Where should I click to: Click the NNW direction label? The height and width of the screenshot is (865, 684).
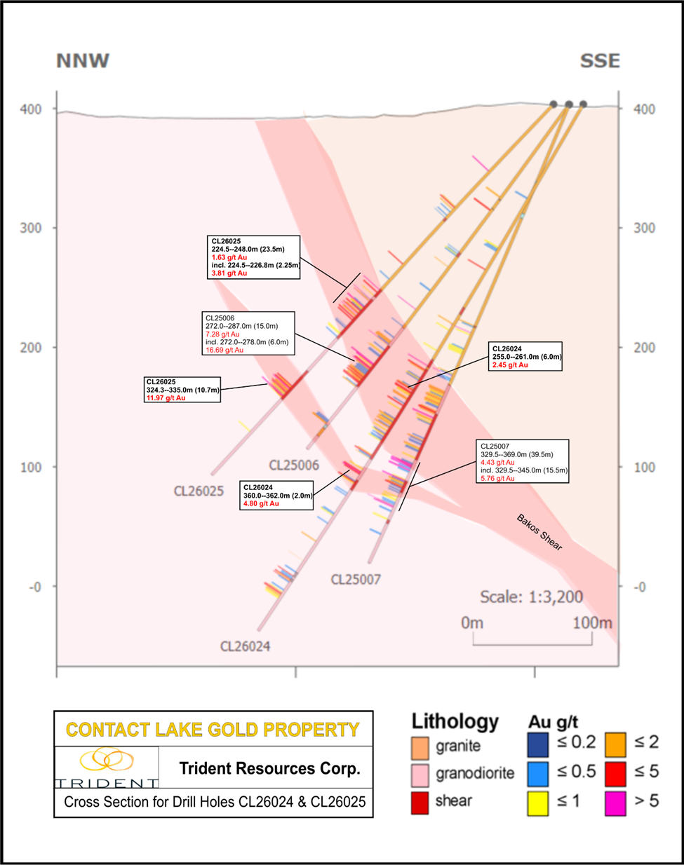tap(83, 61)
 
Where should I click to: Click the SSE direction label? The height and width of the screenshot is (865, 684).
tap(600, 61)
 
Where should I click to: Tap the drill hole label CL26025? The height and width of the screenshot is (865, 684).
tap(199, 491)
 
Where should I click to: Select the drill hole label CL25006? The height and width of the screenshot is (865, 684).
tap(294, 465)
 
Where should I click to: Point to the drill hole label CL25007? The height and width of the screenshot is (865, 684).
tap(356, 579)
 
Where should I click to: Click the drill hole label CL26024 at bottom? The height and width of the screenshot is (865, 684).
tap(245, 646)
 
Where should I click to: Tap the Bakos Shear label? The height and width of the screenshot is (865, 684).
tap(539, 532)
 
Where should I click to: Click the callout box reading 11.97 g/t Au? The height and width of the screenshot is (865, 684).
tap(182, 390)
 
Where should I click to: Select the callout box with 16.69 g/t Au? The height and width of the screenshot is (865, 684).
tap(248, 334)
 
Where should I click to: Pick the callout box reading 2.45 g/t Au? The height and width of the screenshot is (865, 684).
tap(526, 357)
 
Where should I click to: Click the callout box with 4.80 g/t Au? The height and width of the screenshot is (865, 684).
tap(277, 495)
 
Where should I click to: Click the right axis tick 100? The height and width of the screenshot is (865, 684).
tap(645, 468)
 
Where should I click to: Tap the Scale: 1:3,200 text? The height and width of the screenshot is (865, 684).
tap(531, 597)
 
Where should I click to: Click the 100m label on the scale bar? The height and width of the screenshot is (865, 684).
tap(592, 622)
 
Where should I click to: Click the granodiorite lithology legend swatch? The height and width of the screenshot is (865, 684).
tap(420, 775)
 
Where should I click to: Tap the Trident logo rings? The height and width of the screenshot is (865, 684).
tap(107, 760)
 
